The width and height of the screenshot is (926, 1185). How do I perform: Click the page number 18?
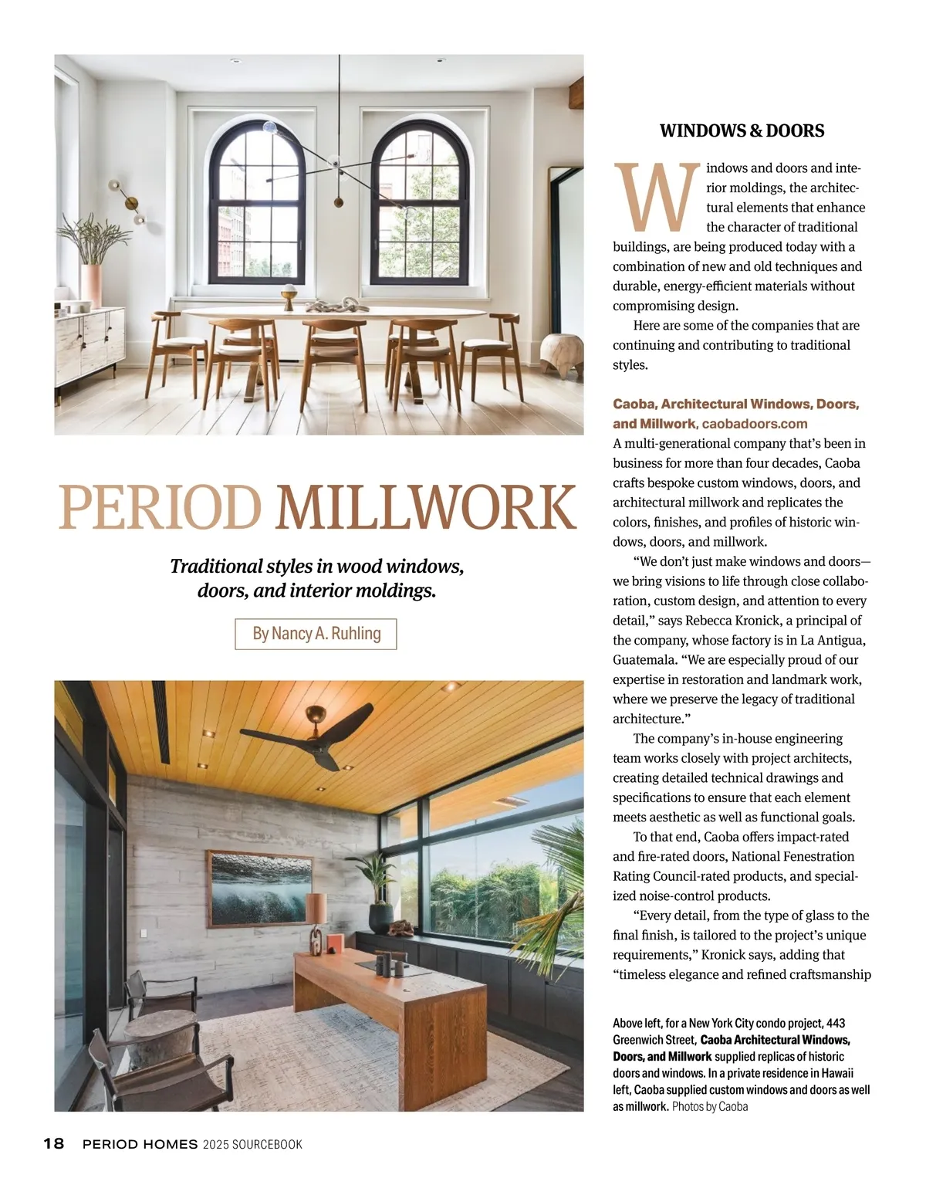[54, 1144]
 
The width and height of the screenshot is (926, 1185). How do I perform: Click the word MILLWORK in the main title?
[427, 508]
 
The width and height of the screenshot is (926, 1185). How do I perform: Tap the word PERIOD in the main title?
[160, 508]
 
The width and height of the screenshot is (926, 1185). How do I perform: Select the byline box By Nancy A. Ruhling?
[316, 634]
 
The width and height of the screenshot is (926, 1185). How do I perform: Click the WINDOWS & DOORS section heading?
[742, 131]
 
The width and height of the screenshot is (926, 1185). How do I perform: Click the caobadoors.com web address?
[754, 424]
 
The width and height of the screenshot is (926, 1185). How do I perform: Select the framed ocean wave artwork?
[260, 889]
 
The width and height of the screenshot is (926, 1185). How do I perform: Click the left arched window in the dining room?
[256, 205]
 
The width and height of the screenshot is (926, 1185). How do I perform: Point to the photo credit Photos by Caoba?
[709, 1107]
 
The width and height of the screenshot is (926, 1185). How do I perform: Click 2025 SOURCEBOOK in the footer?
[252, 1144]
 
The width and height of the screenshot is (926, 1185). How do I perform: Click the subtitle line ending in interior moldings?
[316, 591]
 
